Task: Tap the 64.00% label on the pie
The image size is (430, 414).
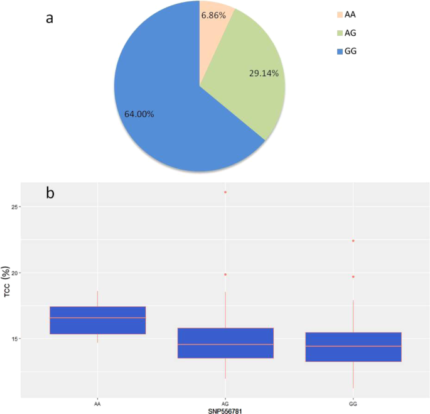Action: (x=136, y=114)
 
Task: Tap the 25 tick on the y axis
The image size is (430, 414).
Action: (x=14, y=207)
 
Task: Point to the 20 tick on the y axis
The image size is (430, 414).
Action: (x=14, y=273)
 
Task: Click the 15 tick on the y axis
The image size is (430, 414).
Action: (x=14, y=339)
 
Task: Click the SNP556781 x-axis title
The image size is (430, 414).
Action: (x=225, y=411)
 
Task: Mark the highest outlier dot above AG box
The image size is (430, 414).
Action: (x=225, y=192)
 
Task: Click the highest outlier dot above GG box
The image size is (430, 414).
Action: (x=353, y=241)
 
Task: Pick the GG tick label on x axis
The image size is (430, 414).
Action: (x=353, y=403)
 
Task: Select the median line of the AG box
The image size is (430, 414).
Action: (x=225, y=344)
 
